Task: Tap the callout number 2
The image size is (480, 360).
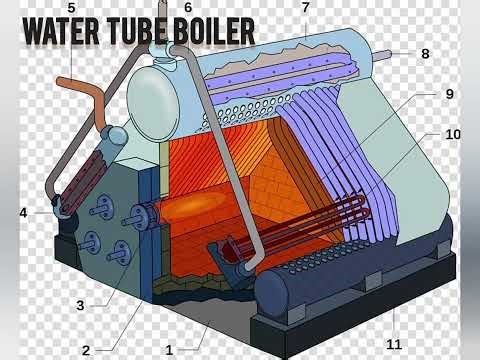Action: [87, 350]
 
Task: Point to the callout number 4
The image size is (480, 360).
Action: [23, 212]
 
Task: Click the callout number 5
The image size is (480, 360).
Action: [70, 8]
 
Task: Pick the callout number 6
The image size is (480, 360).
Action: [188, 8]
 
